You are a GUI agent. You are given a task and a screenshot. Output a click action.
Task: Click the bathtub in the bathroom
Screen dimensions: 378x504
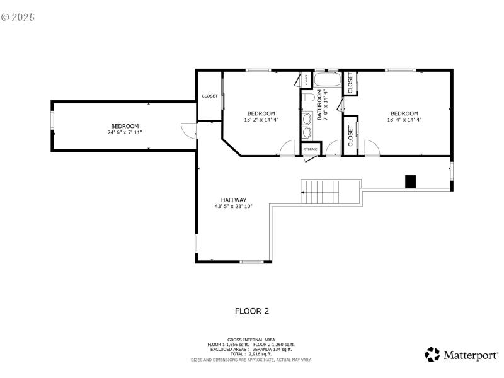click(x=327, y=81)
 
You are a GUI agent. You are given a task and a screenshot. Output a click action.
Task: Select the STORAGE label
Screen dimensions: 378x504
click(x=311, y=149)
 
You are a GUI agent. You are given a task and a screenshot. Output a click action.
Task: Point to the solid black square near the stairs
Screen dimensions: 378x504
click(x=410, y=181)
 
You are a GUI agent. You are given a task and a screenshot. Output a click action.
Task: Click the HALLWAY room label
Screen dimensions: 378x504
click(x=234, y=200)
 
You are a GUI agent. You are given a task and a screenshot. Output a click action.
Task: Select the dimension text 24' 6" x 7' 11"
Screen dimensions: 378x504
click(x=125, y=133)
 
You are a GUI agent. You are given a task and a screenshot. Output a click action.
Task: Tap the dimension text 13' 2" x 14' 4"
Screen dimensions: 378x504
click(x=261, y=120)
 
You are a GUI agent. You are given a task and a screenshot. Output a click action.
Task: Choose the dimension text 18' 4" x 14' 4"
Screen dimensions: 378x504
click(x=404, y=120)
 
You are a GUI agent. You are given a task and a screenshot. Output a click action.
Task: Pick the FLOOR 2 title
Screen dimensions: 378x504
click(x=252, y=311)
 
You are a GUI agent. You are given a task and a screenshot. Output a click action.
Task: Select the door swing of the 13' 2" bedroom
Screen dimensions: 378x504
click(x=287, y=148)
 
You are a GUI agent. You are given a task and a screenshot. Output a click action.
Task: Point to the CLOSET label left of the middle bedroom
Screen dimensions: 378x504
click(x=210, y=96)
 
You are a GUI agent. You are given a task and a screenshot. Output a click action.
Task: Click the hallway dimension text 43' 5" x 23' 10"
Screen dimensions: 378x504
click(x=234, y=207)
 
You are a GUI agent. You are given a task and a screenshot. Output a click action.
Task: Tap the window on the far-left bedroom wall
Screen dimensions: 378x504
click(x=52, y=120)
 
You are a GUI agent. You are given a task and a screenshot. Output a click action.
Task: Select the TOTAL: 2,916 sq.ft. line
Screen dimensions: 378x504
click(x=251, y=353)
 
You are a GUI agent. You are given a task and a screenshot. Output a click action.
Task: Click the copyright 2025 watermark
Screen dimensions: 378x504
click(x=18, y=17)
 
